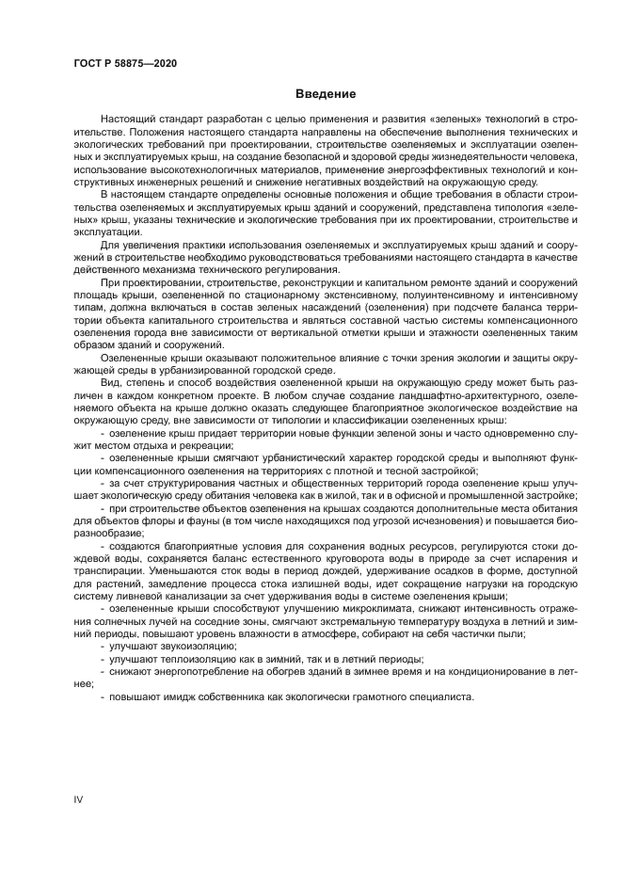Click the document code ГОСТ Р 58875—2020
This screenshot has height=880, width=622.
pos(125,63)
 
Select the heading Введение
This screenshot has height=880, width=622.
pos(326,95)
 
